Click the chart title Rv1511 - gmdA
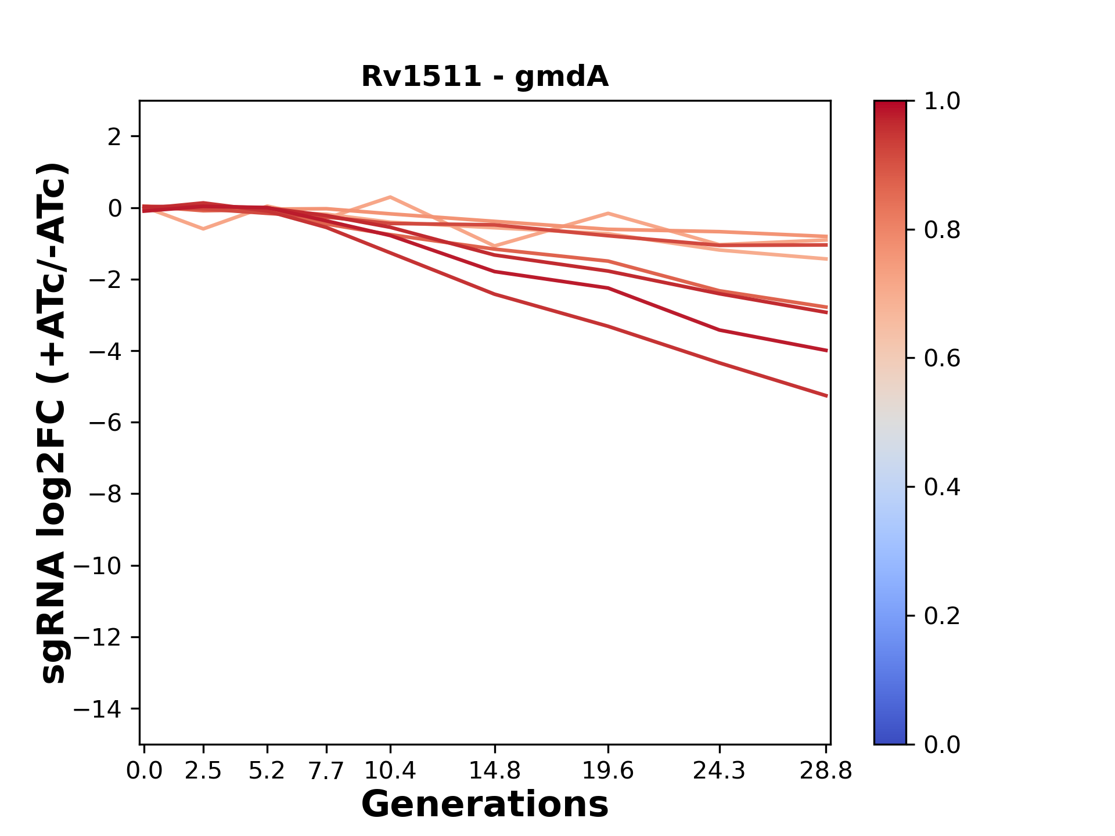[x=485, y=77]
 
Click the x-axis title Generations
[x=485, y=805]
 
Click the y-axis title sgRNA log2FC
[x=54, y=422]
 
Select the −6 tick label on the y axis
[x=105, y=423]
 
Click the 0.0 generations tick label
[x=144, y=771]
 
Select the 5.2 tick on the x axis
[x=267, y=771]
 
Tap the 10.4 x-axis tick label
[x=390, y=771]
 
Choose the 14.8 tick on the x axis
[x=494, y=771]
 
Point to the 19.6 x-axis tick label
[x=608, y=771]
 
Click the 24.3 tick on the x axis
[x=720, y=771]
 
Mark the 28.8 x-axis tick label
[x=826, y=771]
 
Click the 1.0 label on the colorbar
[x=942, y=102]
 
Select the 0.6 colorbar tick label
[x=942, y=359]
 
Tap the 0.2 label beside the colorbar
[x=942, y=616]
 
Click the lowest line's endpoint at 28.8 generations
[x=826, y=396]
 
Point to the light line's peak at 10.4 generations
[x=390, y=197]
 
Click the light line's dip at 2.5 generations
[x=203, y=229]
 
